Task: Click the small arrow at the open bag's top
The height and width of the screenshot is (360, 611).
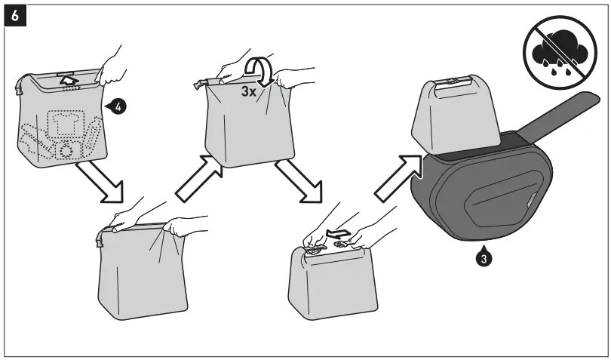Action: pyautogui.click(x=69, y=78)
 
